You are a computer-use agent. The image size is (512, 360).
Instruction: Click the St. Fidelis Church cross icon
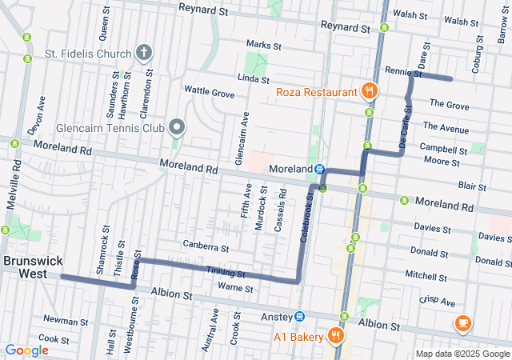pos(144,54)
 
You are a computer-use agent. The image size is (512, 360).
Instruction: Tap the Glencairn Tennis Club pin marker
pos(177,127)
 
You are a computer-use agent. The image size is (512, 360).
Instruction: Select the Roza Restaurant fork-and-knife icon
pos(369,92)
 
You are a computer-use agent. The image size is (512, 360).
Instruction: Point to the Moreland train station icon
pos(319,170)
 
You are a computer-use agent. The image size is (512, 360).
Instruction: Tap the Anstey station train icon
pos(299,316)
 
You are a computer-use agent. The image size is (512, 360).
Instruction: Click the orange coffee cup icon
pos(462,323)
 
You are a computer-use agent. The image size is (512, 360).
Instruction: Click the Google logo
pos(26,350)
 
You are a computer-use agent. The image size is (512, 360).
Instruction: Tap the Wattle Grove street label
pos(210,94)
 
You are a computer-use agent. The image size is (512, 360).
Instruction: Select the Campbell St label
pos(444,149)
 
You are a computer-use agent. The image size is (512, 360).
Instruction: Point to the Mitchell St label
pos(426,277)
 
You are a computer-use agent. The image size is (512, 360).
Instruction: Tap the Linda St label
pos(253,78)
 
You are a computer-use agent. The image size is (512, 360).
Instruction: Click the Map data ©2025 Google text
pos(462,354)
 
